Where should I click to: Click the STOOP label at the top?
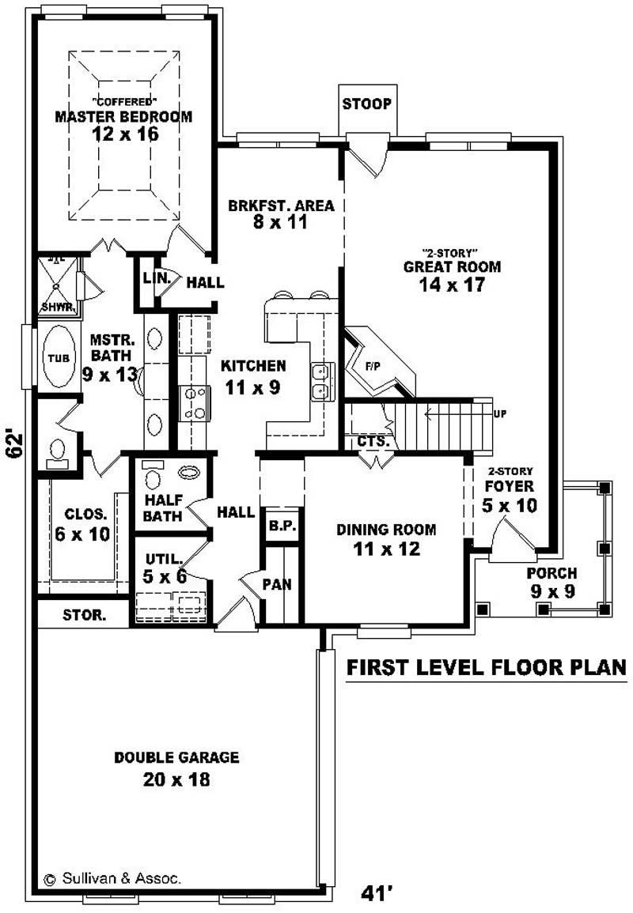pyautogui.click(x=366, y=104)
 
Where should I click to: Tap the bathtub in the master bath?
pyautogui.click(x=55, y=357)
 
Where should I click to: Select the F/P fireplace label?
pyautogui.click(x=373, y=366)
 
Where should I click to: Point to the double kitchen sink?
pyautogui.click(x=320, y=381)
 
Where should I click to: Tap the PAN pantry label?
pyautogui.click(x=277, y=585)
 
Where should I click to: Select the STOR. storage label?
pyautogui.click(x=84, y=614)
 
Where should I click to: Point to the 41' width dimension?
pyautogui.click(x=377, y=893)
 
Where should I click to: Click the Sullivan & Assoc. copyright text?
pyautogui.click(x=112, y=877)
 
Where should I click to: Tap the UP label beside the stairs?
pyautogui.click(x=499, y=413)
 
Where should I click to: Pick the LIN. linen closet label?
pyautogui.click(x=153, y=278)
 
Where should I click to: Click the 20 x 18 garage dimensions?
pyautogui.click(x=176, y=779)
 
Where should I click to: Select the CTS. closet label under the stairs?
pyautogui.click(x=373, y=442)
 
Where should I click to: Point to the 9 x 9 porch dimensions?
pyautogui.click(x=552, y=590)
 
